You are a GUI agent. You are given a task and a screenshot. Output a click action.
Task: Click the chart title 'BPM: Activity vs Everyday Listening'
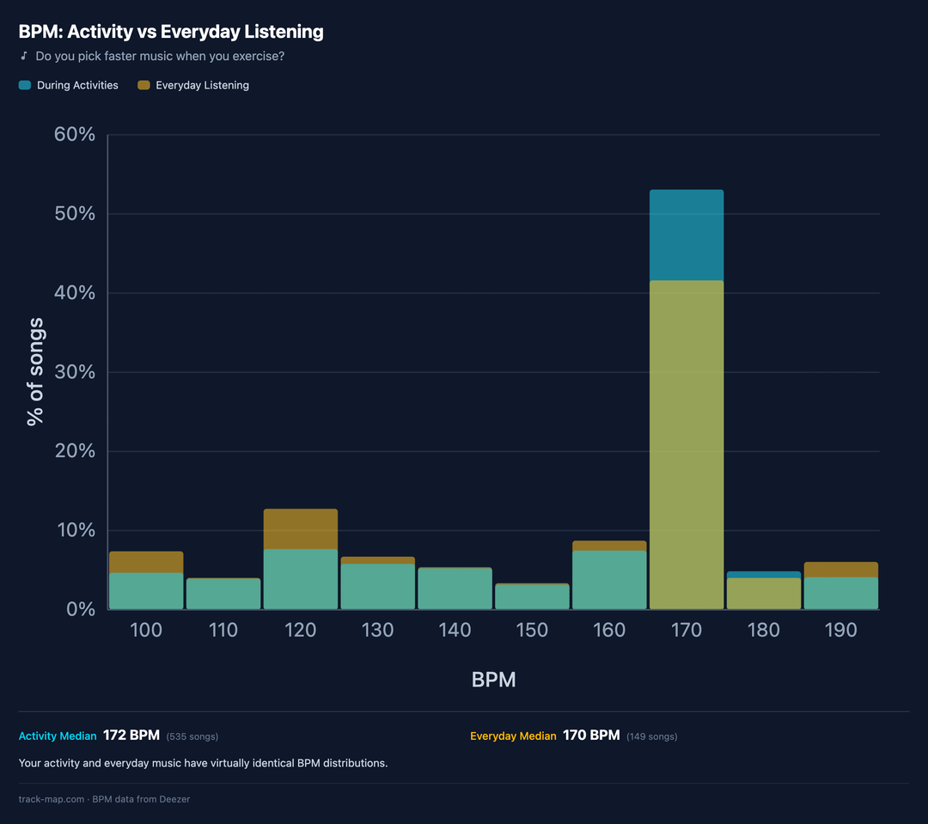click(171, 33)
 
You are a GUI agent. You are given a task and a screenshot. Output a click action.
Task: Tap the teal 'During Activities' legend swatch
click(25, 85)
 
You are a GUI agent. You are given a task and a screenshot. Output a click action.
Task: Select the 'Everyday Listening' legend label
click(202, 85)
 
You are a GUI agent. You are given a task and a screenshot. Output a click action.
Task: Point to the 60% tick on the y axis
click(75, 135)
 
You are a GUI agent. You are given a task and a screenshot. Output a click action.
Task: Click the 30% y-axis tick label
click(75, 372)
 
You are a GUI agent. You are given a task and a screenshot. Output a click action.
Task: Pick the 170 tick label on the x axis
click(687, 631)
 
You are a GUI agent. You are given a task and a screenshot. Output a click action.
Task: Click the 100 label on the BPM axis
click(146, 631)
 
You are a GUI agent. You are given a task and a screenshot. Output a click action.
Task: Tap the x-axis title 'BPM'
click(493, 680)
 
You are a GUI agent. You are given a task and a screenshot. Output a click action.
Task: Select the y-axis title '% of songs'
click(35, 372)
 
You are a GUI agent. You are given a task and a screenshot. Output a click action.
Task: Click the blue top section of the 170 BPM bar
click(687, 235)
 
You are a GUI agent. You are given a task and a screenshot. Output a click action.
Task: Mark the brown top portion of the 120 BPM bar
click(301, 528)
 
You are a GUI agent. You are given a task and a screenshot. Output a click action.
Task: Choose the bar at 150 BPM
click(532, 596)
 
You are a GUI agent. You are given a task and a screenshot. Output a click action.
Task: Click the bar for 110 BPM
click(223, 594)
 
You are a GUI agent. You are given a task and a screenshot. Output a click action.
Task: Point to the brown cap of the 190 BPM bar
click(841, 570)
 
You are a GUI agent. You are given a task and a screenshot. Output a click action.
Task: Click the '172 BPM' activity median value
click(131, 735)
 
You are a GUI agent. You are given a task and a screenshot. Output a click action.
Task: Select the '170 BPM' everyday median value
click(591, 735)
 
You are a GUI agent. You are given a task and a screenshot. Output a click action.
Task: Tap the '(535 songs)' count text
click(192, 736)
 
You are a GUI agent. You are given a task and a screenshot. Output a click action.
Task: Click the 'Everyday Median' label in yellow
click(513, 736)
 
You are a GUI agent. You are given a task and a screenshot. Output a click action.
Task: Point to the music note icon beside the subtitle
click(24, 57)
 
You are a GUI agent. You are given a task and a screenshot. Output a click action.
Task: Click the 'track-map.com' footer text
click(52, 799)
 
